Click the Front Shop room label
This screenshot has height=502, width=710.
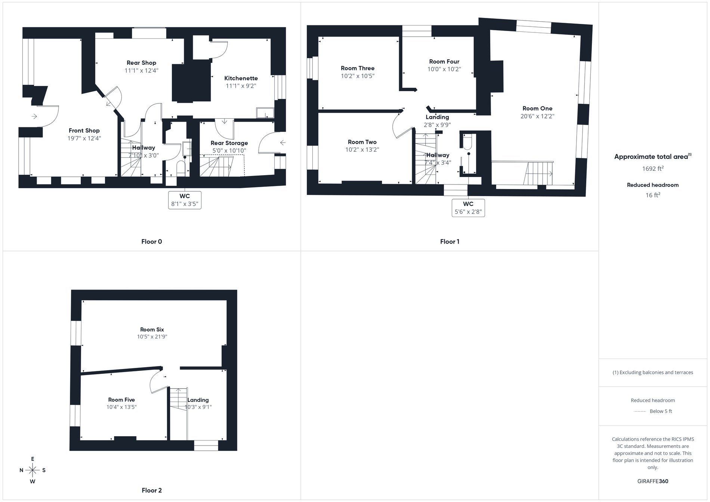pyautogui.click(x=84, y=130)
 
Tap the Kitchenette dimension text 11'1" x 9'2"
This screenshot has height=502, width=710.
pyautogui.click(x=241, y=86)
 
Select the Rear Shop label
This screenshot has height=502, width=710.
pyautogui.click(x=141, y=63)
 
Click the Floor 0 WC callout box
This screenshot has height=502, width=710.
pyautogui.click(x=185, y=200)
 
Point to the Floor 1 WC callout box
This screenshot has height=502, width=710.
pyautogui.click(x=468, y=208)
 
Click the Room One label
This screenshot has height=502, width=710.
pyautogui.click(x=537, y=108)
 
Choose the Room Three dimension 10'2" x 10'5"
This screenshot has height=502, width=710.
pyautogui.click(x=358, y=76)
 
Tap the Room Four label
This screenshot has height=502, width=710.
pyautogui.click(x=444, y=62)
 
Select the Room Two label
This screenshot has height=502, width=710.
pyautogui.click(x=362, y=142)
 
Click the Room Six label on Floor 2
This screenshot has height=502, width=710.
pyautogui.click(x=152, y=329)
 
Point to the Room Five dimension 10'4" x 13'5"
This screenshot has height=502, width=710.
pyautogui.click(x=121, y=407)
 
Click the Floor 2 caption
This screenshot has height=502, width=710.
pyautogui.click(x=152, y=490)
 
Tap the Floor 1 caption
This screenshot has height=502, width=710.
pyautogui.click(x=450, y=242)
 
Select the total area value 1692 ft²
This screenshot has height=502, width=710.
pyautogui.click(x=652, y=168)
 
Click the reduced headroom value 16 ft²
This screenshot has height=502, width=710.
pyautogui.click(x=652, y=195)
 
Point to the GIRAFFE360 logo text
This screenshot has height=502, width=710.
pyautogui.click(x=652, y=481)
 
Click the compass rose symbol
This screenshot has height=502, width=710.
pyautogui.click(x=33, y=470)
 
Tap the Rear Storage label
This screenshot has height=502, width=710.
pyautogui.click(x=229, y=143)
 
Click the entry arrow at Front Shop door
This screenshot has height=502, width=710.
pyautogui.click(x=34, y=117)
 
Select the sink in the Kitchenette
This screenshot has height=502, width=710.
pyautogui.click(x=265, y=113)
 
